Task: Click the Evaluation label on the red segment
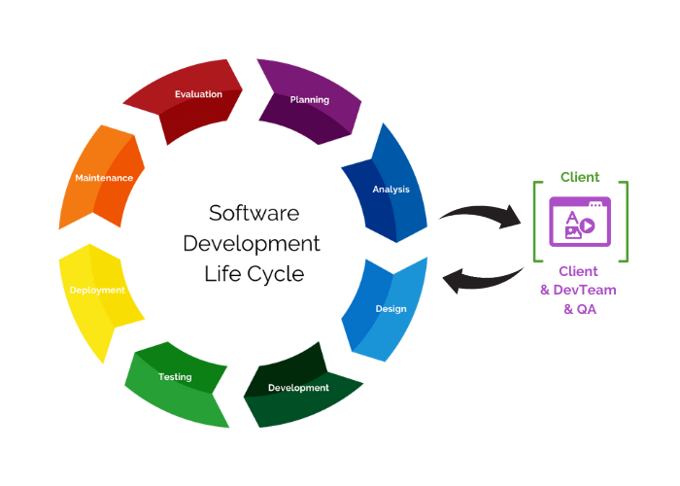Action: [x=198, y=94]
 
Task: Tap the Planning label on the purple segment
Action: [x=309, y=99]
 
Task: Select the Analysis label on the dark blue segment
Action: [x=391, y=189]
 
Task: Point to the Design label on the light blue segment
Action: [x=391, y=309]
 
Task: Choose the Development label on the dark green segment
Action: [x=298, y=388]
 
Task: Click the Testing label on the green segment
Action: [x=175, y=376]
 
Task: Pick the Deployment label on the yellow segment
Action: [x=96, y=290]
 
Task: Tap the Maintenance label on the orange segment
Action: [x=104, y=178]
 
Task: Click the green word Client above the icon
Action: [x=580, y=177]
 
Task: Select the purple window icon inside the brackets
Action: [x=580, y=221]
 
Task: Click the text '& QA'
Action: [x=581, y=309]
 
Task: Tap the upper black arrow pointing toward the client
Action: [x=481, y=215]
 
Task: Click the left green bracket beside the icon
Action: [x=536, y=221]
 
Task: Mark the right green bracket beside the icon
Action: [x=625, y=221]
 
